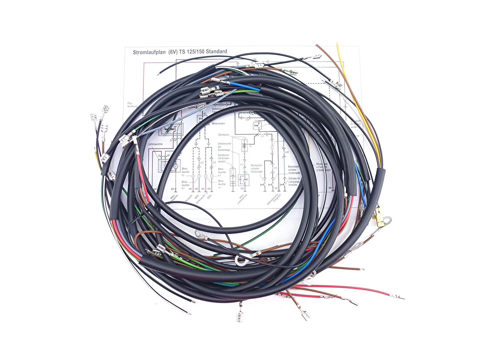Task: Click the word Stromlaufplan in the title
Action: [x=149, y=52]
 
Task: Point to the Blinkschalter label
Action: [x=218, y=124]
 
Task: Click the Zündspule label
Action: [x=223, y=135]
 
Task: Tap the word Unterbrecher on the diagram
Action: [x=224, y=144]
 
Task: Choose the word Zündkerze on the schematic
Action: [x=223, y=155]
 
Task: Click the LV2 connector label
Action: [x=287, y=152]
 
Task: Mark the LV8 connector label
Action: [x=275, y=168]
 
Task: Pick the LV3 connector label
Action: [x=201, y=163]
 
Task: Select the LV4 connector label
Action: [x=214, y=163]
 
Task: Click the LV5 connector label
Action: [x=262, y=136]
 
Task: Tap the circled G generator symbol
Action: [x=176, y=166]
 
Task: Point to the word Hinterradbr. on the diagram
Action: [x=257, y=172]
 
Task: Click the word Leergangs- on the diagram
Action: [x=294, y=181]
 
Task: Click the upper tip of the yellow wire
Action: [x=337, y=45]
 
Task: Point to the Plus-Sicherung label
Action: [x=132, y=105]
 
